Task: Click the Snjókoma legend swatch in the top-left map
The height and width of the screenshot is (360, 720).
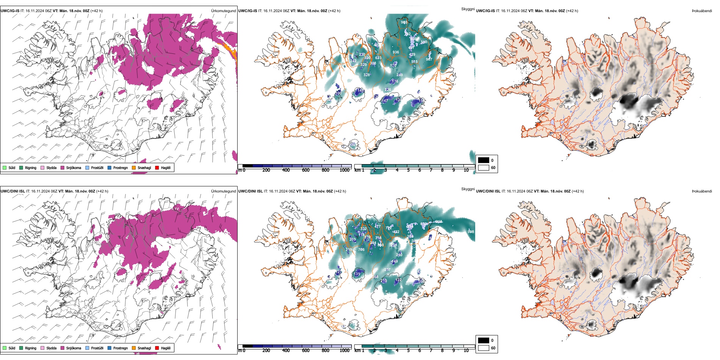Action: coord(63,167)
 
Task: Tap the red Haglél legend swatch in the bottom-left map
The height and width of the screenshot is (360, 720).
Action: coord(157,348)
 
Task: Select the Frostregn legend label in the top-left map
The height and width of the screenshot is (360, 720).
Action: coord(121,167)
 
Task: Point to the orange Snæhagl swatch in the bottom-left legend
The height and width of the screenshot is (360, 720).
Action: coord(134,348)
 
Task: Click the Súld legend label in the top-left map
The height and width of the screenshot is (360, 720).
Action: coord(12,167)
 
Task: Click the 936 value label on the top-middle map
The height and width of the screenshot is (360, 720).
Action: coord(396,52)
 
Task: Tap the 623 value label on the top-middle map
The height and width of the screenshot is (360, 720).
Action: coord(378,58)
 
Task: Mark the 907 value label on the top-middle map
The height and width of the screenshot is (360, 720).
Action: coord(429,59)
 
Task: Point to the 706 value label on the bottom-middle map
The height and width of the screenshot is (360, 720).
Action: coord(361,249)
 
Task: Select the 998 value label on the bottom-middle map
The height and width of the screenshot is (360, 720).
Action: coord(471,232)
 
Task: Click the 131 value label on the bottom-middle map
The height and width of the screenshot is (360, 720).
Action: coord(357,274)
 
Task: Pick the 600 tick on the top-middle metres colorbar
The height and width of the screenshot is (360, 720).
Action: coord(306,170)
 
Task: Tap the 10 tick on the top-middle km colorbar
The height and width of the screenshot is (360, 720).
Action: coord(466,170)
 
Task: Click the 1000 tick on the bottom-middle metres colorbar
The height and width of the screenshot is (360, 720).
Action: coord(344,351)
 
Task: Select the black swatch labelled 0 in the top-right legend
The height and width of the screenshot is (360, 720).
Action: coord(484,160)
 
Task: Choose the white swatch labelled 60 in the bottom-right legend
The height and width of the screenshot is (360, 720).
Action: coord(484,348)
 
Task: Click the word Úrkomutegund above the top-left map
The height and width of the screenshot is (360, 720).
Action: coord(223,11)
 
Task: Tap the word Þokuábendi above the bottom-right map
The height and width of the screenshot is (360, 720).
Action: coord(702,191)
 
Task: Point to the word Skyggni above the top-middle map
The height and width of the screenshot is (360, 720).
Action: coord(468,9)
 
